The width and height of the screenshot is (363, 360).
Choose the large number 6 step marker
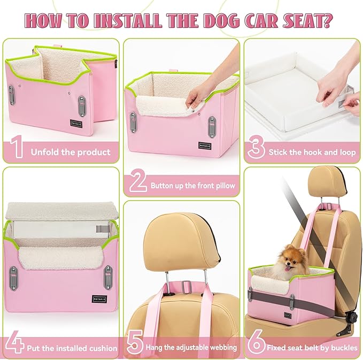pyautogui.click(x=256, y=346)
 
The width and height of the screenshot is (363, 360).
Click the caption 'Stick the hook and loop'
pyautogui.click(x=312, y=152)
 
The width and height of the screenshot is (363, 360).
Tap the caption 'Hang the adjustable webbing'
pyautogui.click(x=191, y=348)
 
